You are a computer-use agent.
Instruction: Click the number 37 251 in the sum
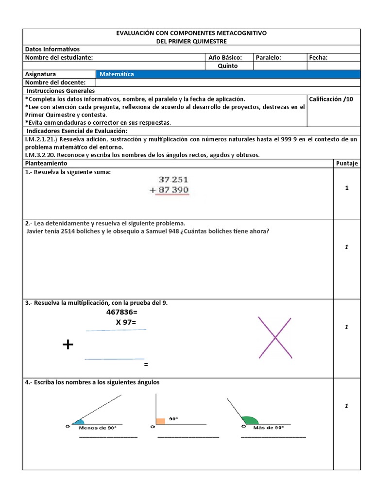pyautogui.click(x=170, y=180)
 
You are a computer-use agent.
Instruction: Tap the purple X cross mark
pyautogui.click(x=275, y=338)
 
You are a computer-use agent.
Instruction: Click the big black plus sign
pyautogui.click(x=68, y=345)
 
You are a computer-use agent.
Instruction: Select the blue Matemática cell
pyautogui.click(x=228, y=74)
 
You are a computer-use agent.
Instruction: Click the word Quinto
pyautogui.click(x=228, y=66)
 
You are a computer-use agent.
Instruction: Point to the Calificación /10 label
pyautogui.click(x=331, y=99)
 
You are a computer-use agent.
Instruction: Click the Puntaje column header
pyautogui.click(x=347, y=164)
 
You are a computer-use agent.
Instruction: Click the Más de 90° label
pyautogui.click(x=269, y=428)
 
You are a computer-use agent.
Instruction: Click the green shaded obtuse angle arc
pyautogui.click(x=250, y=420)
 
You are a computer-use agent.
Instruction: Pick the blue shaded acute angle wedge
pyautogui.click(x=79, y=421)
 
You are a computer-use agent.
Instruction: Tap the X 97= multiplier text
pyautogui.click(x=126, y=322)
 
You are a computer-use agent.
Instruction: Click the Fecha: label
pyautogui.click(x=318, y=57)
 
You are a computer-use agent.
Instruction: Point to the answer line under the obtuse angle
pyautogui.click(x=273, y=437)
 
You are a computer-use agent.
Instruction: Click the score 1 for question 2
pyautogui.click(x=347, y=247)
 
